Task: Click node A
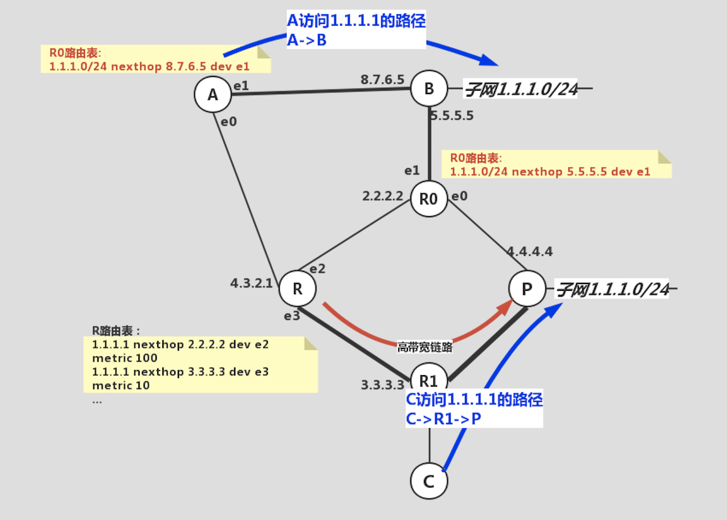[213, 95]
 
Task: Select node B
[429, 88]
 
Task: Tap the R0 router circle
[428, 199]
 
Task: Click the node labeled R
[297, 289]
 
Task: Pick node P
[527, 289]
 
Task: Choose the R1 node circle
[428, 380]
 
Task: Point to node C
[429, 481]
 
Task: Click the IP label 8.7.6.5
[382, 79]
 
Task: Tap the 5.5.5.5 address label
[452, 116]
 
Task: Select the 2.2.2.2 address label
[383, 196]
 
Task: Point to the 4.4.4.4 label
[530, 251]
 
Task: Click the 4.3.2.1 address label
[251, 283]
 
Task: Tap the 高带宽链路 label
[424, 347]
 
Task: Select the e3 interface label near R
[292, 315]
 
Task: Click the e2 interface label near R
[316, 269]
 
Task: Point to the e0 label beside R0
[459, 197]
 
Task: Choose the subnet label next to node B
[521, 89]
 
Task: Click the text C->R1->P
[443, 419]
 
